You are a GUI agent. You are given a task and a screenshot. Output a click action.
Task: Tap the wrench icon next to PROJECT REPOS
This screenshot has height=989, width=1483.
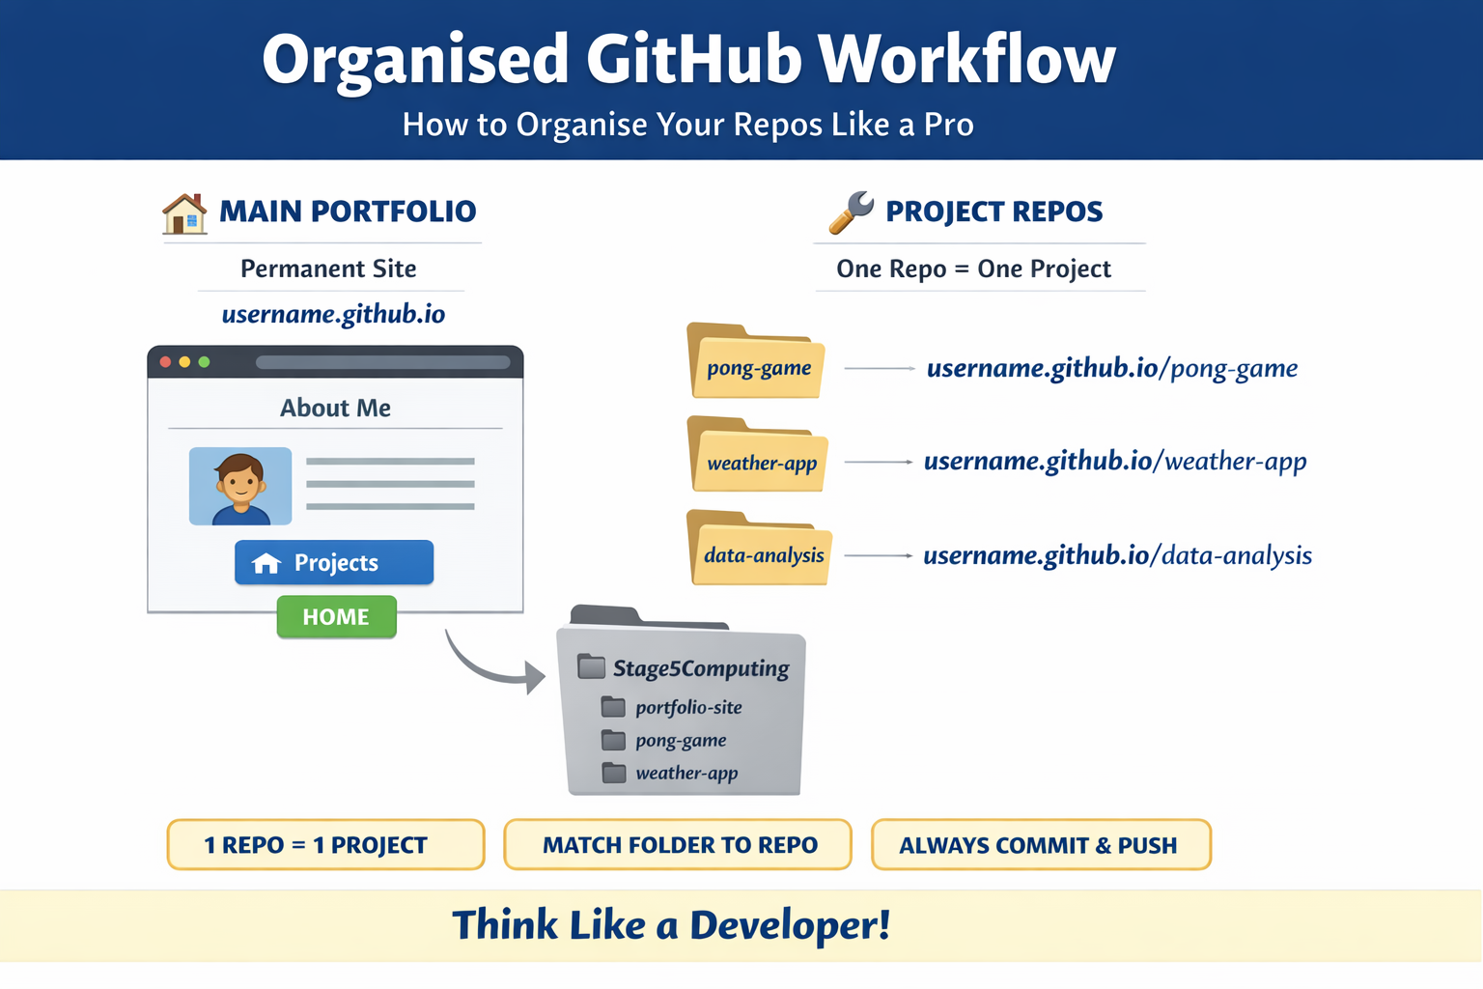click(x=851, y=212)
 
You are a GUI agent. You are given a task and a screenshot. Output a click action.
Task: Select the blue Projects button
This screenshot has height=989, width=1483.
click(x=334, y=562)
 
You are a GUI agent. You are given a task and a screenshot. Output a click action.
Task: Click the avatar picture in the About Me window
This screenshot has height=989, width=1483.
click(x=240, y=486)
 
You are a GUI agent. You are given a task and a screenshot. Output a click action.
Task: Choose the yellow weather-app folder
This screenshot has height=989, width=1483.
click(x=760, y=457)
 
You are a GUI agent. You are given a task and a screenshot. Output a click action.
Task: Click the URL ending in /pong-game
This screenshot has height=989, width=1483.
click(x=1111, y=368)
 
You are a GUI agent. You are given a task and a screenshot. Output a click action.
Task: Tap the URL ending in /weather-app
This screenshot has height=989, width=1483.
click(x=1115, y=462)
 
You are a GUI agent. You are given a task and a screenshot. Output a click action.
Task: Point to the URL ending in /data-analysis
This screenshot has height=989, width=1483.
click(x=1117, y=555)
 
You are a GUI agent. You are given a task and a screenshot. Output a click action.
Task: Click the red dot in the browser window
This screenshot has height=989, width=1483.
click(x=166, y=362)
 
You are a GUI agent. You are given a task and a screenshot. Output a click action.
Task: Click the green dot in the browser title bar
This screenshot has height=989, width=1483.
click(x=204, y=362)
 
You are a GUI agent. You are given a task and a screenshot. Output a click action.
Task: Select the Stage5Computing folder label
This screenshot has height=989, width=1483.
click(x=700, y=668)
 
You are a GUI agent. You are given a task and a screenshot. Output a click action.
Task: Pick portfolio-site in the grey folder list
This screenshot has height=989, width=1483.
click(x=687, y=707)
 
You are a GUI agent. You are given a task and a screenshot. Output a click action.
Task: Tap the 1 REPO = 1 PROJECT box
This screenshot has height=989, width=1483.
click(x=325, y=845)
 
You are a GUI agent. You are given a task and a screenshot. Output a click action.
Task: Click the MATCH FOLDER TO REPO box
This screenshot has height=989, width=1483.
click(x=678, y=845)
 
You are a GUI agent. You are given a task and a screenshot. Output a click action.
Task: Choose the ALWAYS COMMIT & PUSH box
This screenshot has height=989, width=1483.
click(x=1041, y=845)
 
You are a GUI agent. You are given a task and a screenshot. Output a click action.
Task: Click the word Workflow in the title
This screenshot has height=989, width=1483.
click(x=966, y=60)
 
